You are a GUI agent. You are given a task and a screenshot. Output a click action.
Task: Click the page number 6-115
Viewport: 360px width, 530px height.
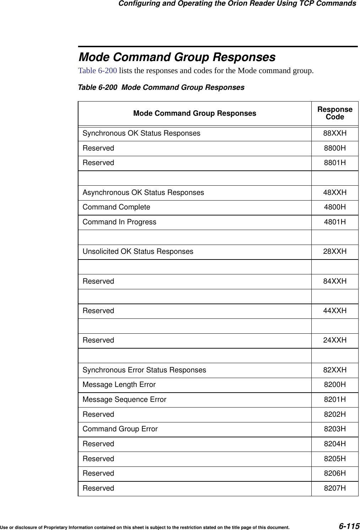349,526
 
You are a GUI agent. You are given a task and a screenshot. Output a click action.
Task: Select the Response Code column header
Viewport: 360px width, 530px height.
335,113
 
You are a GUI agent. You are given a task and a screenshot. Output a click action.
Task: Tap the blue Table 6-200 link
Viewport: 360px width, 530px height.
97,70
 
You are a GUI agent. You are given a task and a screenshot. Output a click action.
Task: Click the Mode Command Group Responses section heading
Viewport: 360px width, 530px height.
177,57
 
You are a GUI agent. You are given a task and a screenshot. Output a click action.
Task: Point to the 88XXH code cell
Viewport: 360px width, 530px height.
335,133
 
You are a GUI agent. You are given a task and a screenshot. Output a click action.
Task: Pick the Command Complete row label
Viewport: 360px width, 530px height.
116,207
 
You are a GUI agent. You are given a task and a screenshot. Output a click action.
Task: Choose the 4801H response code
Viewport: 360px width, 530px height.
335,222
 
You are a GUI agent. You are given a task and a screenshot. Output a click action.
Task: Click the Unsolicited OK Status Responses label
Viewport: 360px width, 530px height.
138,252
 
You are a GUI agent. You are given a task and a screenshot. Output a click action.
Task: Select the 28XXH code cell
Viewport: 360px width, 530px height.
335,252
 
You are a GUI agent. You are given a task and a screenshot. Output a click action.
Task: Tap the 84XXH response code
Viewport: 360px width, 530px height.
335,282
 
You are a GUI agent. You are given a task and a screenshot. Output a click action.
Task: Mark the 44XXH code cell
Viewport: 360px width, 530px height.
335,311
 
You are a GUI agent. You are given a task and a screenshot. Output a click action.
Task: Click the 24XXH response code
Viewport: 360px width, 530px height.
335,340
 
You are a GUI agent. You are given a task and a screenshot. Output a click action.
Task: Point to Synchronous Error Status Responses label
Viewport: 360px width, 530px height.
144,370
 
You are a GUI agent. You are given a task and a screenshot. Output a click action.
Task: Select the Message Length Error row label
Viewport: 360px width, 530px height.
119,385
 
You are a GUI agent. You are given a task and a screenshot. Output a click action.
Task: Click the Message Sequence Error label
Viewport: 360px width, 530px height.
124,400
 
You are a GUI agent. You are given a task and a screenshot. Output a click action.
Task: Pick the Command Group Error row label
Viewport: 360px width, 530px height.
120,429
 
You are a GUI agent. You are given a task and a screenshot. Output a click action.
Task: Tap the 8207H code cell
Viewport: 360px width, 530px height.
335,488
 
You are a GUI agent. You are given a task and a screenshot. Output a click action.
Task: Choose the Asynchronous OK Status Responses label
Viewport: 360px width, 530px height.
143,193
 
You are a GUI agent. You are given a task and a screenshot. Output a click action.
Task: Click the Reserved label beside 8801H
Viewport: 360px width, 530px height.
98,163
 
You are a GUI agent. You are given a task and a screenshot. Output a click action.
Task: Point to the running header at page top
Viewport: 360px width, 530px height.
237,4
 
